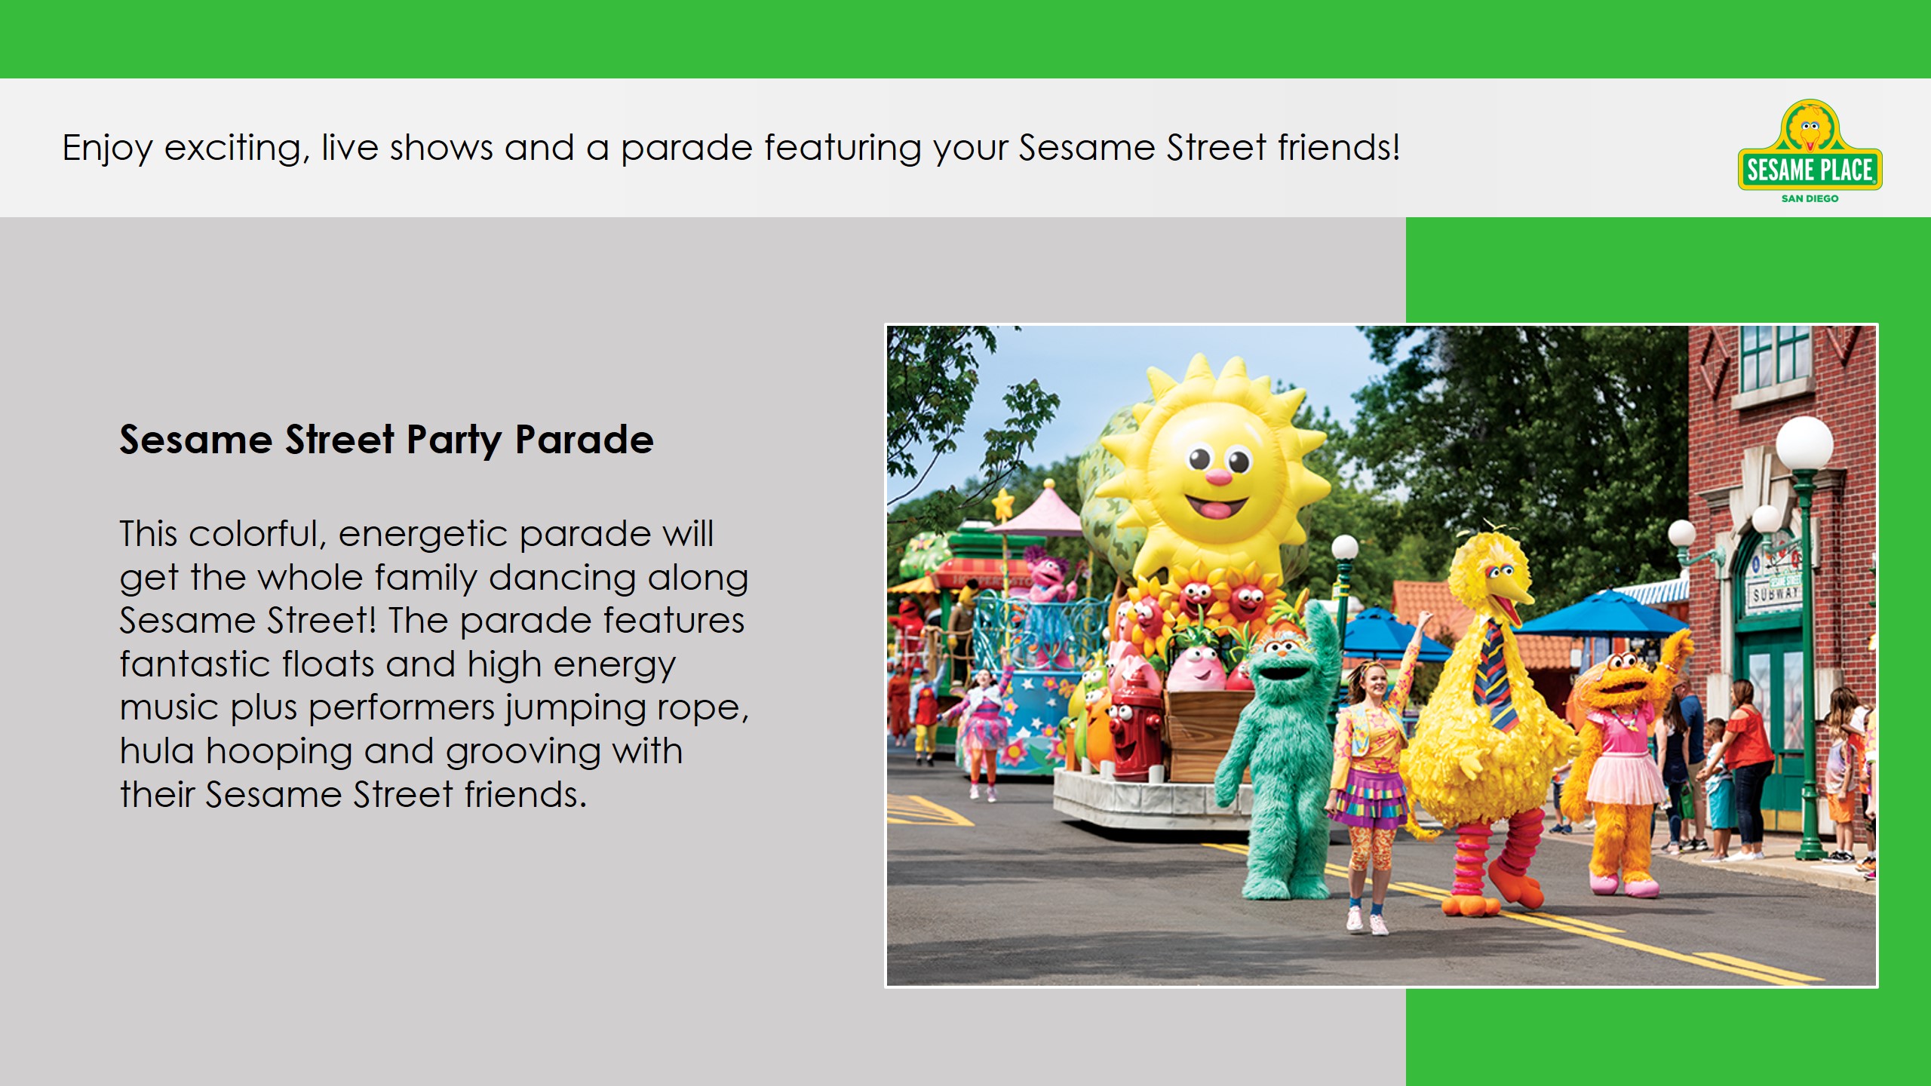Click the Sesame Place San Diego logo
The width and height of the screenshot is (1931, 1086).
[1810, 152]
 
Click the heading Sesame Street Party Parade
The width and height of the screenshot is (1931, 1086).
[386, 440]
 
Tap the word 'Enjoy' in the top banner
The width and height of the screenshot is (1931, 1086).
[108, 149]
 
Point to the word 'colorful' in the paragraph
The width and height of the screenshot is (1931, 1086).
[257, 534]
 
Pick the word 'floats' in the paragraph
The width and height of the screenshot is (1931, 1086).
[328, 664]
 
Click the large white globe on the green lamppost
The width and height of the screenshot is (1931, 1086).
[1804, 444]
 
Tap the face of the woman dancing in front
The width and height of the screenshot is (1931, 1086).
[1374, 683]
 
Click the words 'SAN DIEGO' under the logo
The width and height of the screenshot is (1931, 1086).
[1810, 198]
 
